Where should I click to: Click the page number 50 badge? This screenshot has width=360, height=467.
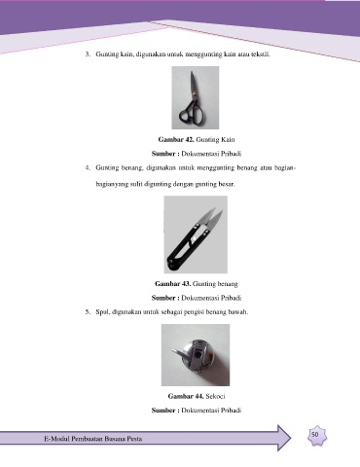coord(317,436)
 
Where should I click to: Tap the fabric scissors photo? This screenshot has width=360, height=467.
coord(196,97)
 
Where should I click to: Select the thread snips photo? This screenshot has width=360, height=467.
coord(196,234)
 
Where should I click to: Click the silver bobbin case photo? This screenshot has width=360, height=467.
coord(196,355)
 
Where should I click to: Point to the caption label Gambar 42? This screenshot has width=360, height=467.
coord(176,140)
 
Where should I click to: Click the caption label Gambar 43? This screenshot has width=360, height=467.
coord(173,284)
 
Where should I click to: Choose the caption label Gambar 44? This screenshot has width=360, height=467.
coord(186,396)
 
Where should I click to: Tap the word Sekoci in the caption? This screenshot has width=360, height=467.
coord(215,396)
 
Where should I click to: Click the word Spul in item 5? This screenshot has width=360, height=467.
coord(102,312)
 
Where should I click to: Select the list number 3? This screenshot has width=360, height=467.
coord(88,54)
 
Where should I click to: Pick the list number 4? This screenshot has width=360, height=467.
coord(88,168)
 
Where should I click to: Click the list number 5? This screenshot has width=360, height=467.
coord(88,312)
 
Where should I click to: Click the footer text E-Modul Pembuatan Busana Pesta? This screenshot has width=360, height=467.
coord(93,439)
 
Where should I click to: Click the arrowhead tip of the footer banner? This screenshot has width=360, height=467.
coord(290,438)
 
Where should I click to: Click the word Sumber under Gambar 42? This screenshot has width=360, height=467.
coord(163,154)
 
